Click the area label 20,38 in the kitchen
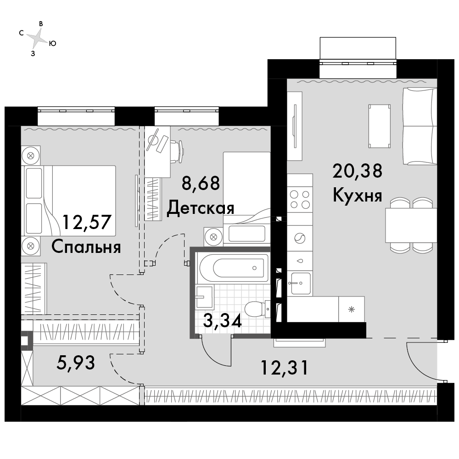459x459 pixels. coord(358,171)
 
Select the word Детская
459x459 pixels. coord(201,208)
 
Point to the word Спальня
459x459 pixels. coord(86,247)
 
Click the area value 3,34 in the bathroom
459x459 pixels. coord(222,321)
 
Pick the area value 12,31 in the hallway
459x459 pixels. coord(284,368)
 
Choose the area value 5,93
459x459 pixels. coord(76,363)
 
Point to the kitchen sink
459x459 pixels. coord(300,283)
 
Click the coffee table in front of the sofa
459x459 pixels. coord(380,126)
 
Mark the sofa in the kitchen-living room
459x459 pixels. coord(420,126)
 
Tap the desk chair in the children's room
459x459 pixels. coord(177,151)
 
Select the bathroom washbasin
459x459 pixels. coord(205,297)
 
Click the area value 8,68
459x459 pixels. coord(201,184)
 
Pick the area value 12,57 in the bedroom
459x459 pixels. coord(87,223)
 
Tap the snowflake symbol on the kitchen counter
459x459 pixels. coord(351,309)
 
